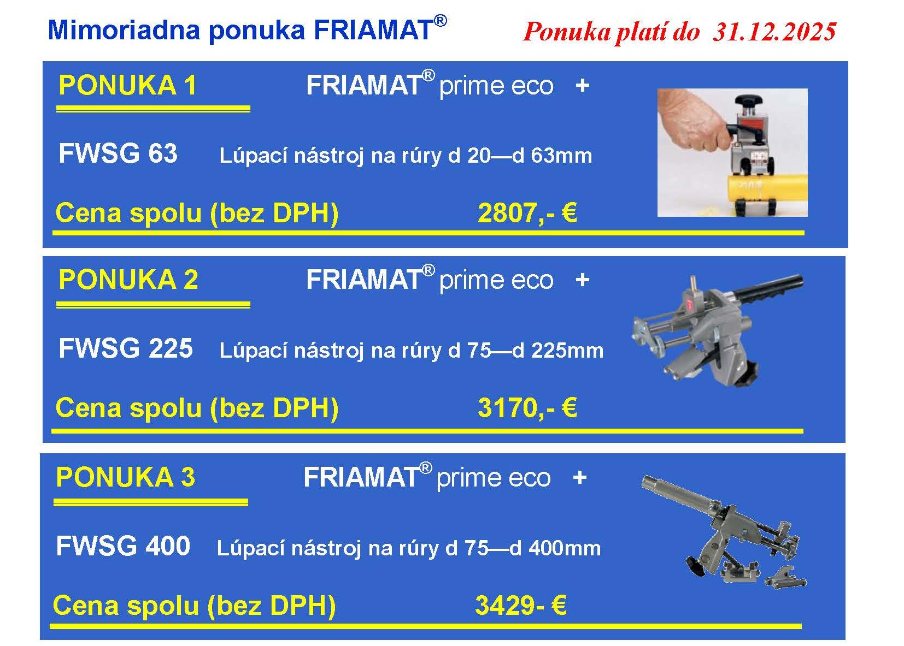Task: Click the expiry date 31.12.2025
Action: pyautogui.click(x=774, y=32)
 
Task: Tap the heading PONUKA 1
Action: pyautogui.click(x=128, y=85)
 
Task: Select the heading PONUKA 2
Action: pyautogui.click(x=128, y=280)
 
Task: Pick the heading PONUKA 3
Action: pyautogui.click(x=126, y=477)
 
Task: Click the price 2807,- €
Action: pyautogui.click(x=527, y=213)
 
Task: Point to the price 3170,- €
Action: pyautogui.click(x=527, y=408)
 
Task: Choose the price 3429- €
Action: pyautogui.click(x=521, y=605)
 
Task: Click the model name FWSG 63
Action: pyautogui.click(x=118, y=153)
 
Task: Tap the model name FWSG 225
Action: pyautogui.click(x=126, y=348)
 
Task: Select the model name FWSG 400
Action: pyautogui.click(x=123, y=546)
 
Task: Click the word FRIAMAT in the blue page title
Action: pyautogui.click(x=374, y=29)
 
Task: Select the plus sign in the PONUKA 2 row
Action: pyautogui.click(x=582, y=280)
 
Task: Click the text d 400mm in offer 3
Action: pyautogui.click(x=555, y=548)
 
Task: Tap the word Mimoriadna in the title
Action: pyautogui.click(x=124, y=29)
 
